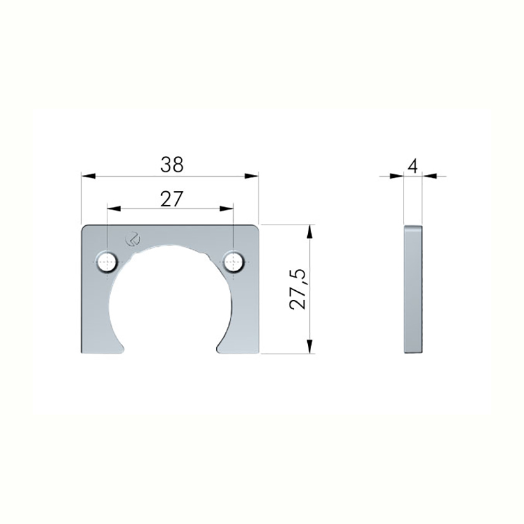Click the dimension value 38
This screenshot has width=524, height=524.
click(x=172, y=165)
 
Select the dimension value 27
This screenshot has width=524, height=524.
click(x=172, y=199)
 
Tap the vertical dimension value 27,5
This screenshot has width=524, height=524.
click(x=298, y=289)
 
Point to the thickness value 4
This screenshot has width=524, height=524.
click(x=413, y=166)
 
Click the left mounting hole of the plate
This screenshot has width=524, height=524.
click(x=107, y=262)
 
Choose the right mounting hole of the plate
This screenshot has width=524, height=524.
click(x=234, y=261)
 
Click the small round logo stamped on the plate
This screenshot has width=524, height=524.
click(x=132, y=239)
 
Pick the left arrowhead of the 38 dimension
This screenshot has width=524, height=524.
click(x=89, y=176)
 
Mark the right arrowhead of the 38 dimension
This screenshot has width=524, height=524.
click(x=252, y=176)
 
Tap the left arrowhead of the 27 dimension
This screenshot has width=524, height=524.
click(x=114, y=208)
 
